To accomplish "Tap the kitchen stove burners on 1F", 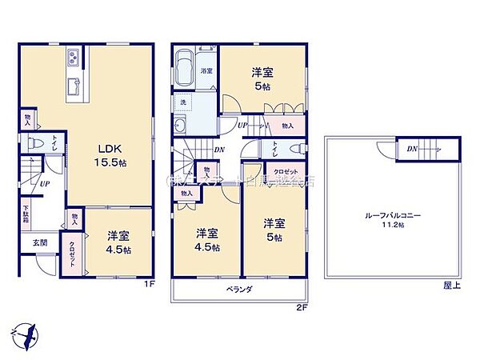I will (x=72, y=58).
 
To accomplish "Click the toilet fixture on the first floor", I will (x=36, y=144).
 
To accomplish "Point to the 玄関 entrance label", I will (x=39, y=242).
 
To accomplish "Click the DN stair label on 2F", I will (x=219, y=149).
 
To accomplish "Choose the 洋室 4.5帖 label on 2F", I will (x=207, y=241).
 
